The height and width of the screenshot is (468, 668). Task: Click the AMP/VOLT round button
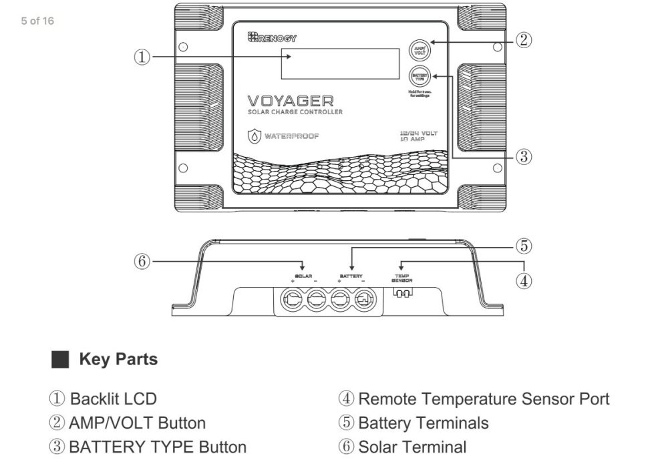[x=420, y=50]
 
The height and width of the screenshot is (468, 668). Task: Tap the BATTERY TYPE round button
[x=420, y=76]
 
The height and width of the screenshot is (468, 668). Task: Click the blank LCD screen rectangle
[x=340, y=63]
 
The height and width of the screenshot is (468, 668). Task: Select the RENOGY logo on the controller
[x=272, y=38]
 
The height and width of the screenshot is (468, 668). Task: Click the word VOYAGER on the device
[x=291, y=101]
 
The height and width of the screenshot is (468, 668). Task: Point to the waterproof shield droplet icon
[x=255, y=136]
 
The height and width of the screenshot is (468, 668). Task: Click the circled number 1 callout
[x=142, y=57]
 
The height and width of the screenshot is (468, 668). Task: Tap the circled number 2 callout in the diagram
[x=524, y=40]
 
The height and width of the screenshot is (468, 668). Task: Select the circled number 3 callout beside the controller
[x=524, y=157]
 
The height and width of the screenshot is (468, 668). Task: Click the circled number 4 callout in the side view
[x=524, y=280]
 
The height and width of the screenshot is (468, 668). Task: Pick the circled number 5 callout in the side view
[x=524, y=246]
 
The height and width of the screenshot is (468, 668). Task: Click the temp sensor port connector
[x=402, y=294]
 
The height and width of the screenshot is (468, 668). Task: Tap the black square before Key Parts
[x=61, y=360]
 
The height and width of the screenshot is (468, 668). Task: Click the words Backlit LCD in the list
[x=114, y=399]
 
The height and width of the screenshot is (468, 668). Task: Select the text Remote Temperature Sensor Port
[x=484, y=399]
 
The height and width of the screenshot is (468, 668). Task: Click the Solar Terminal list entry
[x=412, y=447]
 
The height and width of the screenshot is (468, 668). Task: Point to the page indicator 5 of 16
[x=37, y=21]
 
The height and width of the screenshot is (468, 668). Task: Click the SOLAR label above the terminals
[x=303, y=276]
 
